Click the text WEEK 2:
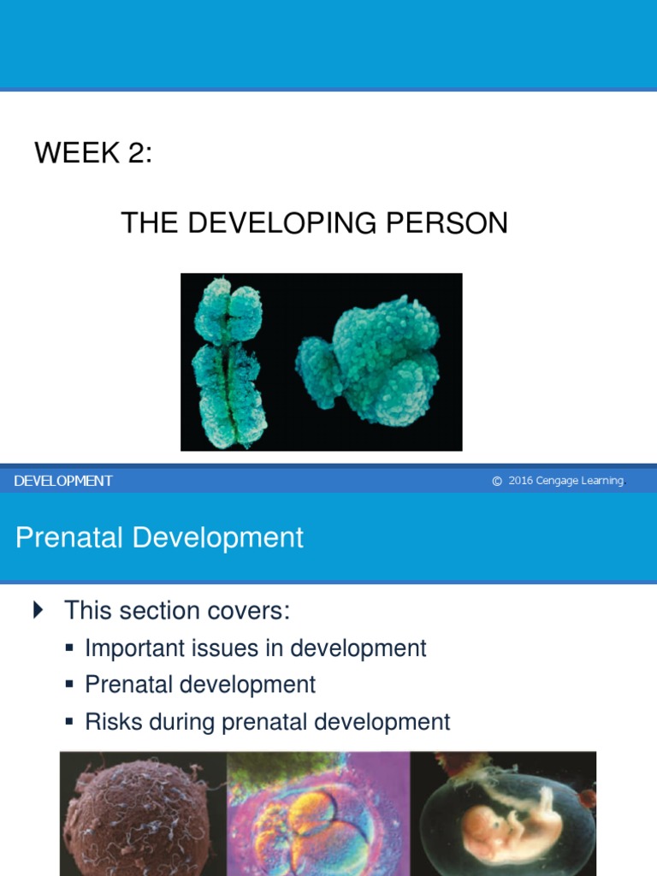tap(93, 154)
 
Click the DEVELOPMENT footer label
tap(63, 481)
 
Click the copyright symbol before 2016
tap(497, 481)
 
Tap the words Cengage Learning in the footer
tap(580, 481)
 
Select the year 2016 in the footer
tap(520, 481)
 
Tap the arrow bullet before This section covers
tap(38, 610)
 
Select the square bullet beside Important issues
tap(70, 648)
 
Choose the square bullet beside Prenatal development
tap(70, 684)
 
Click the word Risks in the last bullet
tap(114, 721)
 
